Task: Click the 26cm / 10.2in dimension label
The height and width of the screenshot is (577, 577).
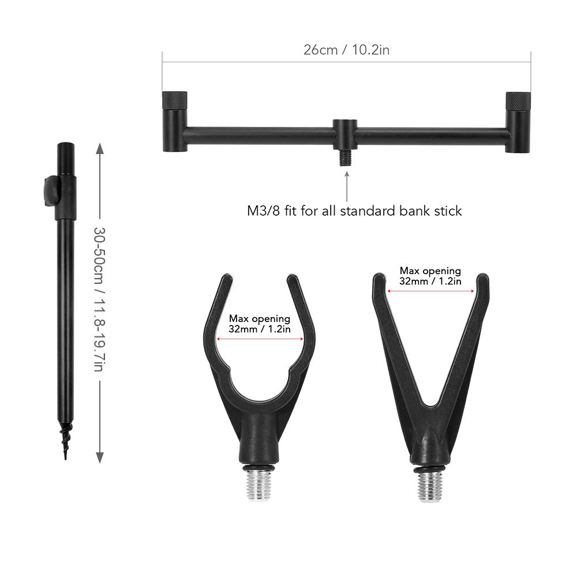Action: click(x=346, y=50)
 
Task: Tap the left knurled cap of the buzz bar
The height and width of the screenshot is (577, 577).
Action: click(x=174, y=101)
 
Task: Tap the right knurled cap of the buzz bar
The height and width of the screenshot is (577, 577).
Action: click(x=518, y=101)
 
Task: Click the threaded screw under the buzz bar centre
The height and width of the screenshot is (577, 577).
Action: click(x=345, y=158)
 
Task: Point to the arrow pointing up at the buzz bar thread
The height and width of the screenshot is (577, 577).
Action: click(x=346, y=186)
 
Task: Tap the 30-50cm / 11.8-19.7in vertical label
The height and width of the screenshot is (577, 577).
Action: click(x=99, y=299)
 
